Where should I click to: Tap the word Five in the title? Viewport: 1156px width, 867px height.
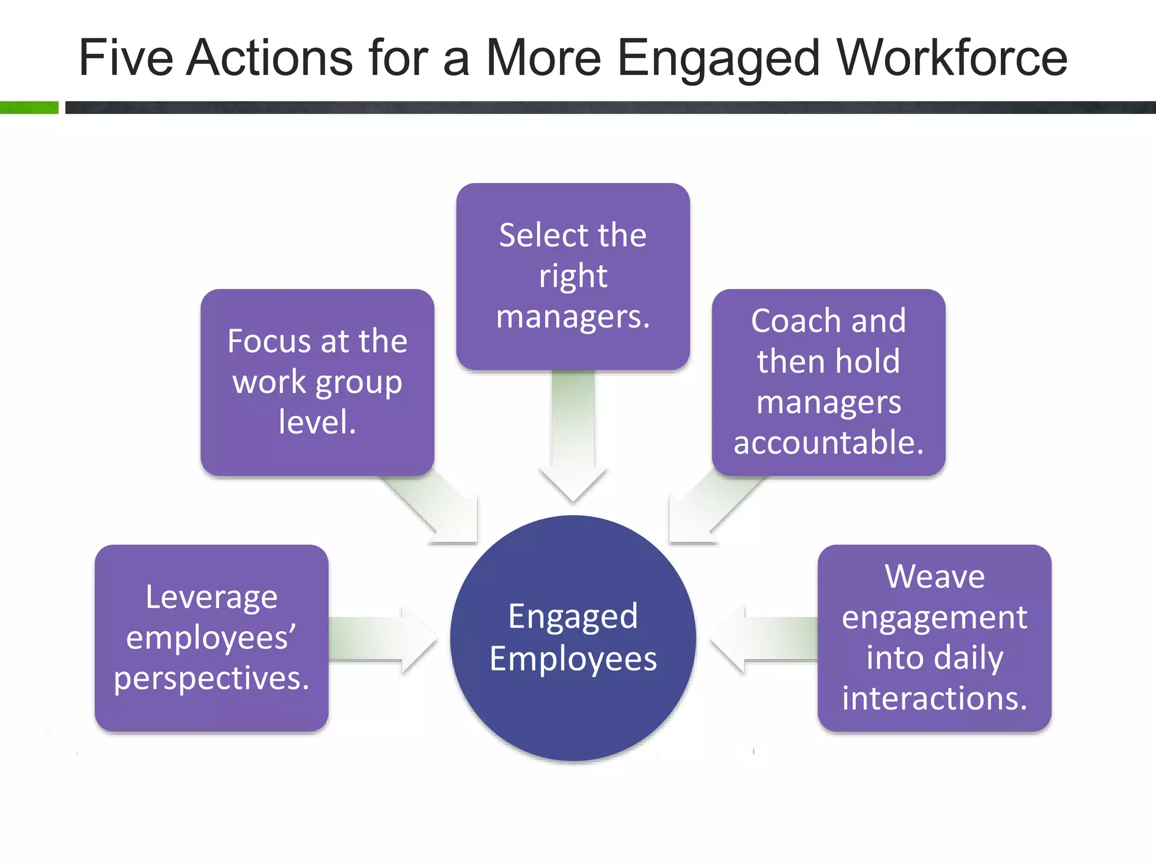tap(126, 58)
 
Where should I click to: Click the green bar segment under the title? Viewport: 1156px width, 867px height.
tap(29, 107)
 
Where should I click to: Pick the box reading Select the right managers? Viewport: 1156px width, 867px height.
tap(573, 276)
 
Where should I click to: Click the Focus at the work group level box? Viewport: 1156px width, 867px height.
tap(317, 382)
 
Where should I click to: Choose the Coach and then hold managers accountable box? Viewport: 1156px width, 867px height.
tap(828, 382)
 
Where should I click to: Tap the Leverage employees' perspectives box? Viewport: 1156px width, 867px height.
tap(211, 638)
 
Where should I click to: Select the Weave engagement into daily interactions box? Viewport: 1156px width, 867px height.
tap(934, 638)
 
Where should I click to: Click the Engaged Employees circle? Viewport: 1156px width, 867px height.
tap(573, 638)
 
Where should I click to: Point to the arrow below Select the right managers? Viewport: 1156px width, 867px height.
tap(573, 435)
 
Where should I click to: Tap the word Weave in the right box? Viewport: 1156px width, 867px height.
tap(934, 577)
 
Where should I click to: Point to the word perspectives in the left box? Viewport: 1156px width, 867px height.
tap(211, 678)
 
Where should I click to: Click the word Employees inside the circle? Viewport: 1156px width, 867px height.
tap(573, 659)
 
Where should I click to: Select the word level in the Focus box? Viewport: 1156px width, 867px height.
tap(317, 422)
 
